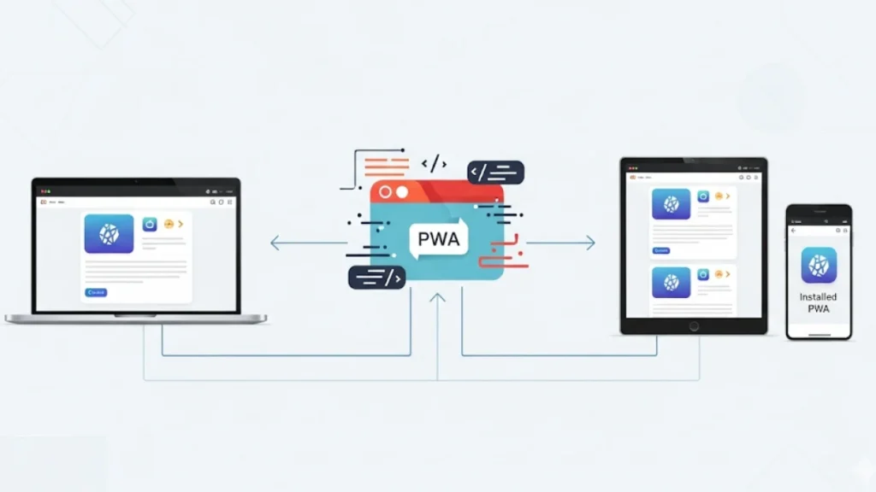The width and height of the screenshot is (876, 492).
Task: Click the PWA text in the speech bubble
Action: click(438, 239)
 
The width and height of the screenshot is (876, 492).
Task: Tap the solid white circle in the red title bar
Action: click(400, 193)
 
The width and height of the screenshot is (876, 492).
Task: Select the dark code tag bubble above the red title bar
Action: click(495, 173)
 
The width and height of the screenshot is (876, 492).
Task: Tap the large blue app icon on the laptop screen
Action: click(109, 233)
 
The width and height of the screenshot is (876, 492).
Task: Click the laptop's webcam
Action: click(136, 181)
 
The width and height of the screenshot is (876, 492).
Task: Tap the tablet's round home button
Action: click(694, 325)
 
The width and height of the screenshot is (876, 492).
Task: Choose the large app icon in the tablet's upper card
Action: click(671, 205)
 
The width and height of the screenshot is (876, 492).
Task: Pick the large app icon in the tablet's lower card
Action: click(671, 283)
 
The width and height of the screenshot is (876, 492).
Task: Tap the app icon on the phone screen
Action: click(819, 265)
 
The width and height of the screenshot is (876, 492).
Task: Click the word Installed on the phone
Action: click(819, 297)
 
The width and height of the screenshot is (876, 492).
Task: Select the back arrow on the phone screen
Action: click(793, 231)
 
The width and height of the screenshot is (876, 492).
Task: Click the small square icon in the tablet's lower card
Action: click(703, 274)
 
